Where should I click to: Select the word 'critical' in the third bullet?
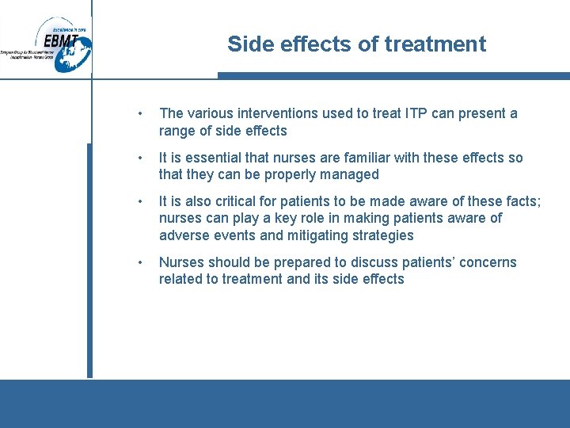[x=252, y=201]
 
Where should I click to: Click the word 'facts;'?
[x=522, y=201]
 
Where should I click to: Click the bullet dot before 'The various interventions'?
[x=139, y=113]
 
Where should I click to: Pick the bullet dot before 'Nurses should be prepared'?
[x=139, y=262]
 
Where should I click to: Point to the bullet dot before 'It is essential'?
[x=139, y=158]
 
